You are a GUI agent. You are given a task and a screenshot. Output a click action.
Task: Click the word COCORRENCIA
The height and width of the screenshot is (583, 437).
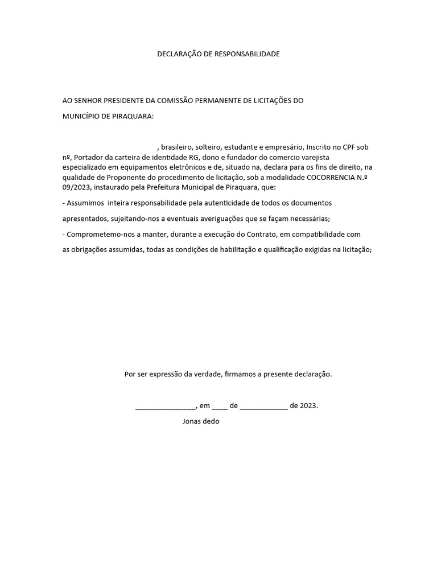coord(332,177)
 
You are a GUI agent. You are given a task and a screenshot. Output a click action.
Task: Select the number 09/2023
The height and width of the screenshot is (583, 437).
coord(76,187)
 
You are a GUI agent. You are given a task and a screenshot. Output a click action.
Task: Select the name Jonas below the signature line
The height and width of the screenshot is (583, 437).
coord(192,421)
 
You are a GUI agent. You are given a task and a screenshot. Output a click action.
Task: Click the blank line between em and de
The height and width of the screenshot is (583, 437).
coord(220,407)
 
